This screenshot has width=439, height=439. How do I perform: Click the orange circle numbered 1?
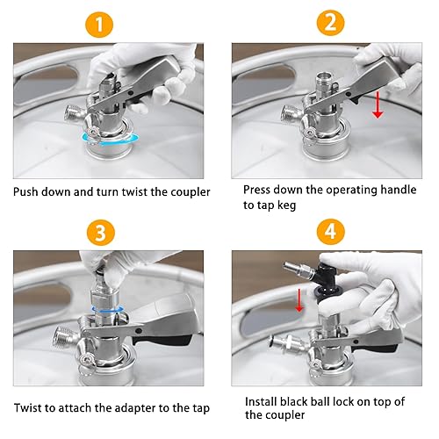(99, 25)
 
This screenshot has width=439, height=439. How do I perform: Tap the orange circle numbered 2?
(331, 23)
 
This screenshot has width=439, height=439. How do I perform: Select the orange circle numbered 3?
(100, 233)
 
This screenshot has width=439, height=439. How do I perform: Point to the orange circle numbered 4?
(331, 232)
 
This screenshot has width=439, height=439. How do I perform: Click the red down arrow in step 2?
(378, 104)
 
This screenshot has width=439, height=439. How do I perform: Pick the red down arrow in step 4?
(299, 300)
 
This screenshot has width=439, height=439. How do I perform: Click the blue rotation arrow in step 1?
(111, 139)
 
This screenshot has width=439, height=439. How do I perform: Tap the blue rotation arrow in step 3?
(107, 309)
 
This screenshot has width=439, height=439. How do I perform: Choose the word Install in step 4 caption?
(261, 402)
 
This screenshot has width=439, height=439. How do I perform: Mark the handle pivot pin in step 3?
(139, 331)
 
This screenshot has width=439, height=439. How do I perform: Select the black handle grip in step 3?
(162, 340)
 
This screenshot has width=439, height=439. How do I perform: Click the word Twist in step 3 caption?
(27, 408)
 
